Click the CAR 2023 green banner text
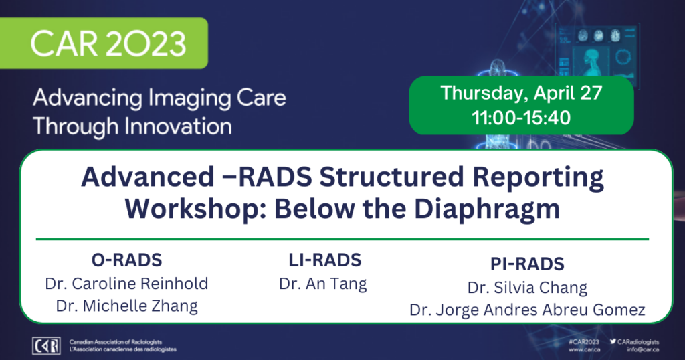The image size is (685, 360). [108, 43]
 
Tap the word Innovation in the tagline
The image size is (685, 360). [178, 126]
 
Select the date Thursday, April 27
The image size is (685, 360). [522, 93]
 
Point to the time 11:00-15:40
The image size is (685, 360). [521, 118]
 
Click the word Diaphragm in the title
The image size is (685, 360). [487, 209]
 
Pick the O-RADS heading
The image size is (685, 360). [126, 260]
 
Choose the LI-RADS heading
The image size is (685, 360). [325, 260]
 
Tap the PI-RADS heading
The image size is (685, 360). [527, 264]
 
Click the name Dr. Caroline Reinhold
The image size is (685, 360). [126, 284]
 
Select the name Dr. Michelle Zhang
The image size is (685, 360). [126, 306]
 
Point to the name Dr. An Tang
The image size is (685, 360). [323, 284]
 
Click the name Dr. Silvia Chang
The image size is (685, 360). [527, 288]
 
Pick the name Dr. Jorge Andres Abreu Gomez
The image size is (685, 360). [527, 310]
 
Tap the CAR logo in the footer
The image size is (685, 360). [46, 345]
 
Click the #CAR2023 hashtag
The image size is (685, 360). [584, 342]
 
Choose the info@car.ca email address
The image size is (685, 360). [643, 349]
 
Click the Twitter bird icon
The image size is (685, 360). [613, 342]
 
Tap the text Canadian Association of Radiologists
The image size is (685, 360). [116, 342]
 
